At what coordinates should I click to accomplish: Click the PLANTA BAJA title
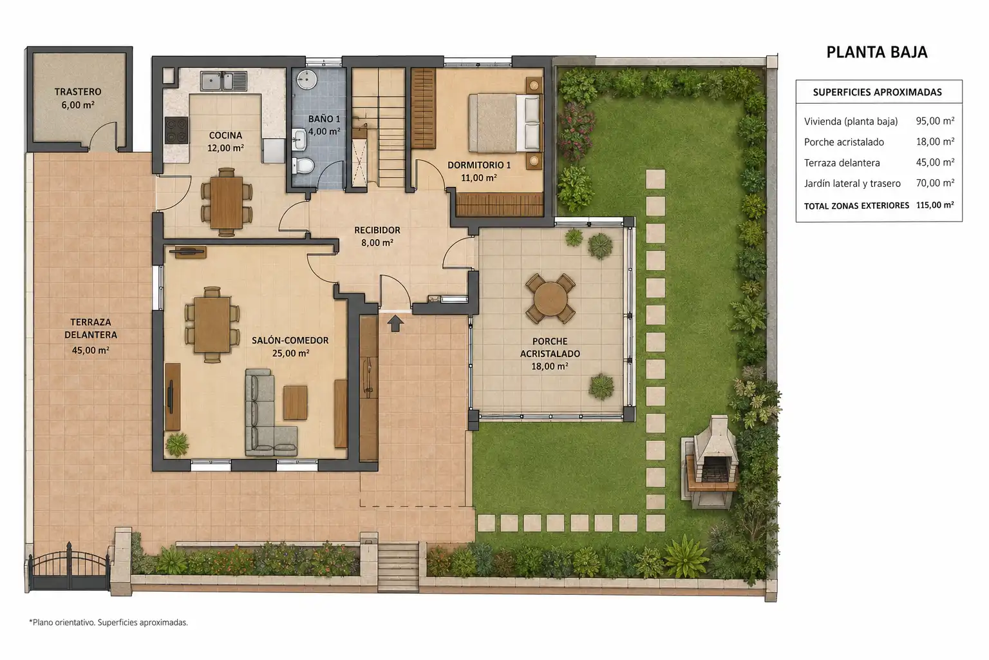pyautogui.click(x=876, y=52)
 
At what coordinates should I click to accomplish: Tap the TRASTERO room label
pyautogui.click(x=78, y=92)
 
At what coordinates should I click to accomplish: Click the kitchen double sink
pyautogui.click(x=224, y=81)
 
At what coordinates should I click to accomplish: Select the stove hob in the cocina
pyautogui.click(x=176, y=130)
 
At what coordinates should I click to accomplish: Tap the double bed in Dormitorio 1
pyautogui.click(x=504, y=123)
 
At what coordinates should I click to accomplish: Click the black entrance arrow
pyautogui.click(x=395, y=323)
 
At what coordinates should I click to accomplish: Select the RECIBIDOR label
pyautogui.click(x=377, y=230)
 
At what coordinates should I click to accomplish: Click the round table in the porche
pyautogui.click(x=550, y=299)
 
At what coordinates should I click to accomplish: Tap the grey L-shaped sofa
pyautogui.click(x=268, y=413)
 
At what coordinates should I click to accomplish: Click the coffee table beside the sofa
pyautogui.click(x=295, y=402)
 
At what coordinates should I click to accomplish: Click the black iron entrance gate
pyautogui.click(x=69, y=567)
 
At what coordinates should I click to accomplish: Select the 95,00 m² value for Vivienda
pyautogui.click(x=935, y=121)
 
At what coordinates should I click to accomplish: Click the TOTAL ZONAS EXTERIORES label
pyautogui.click(x=856, y=206)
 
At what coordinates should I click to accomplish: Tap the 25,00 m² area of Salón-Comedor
pyautogui.click(x=290, y=353)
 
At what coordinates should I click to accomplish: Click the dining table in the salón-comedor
pyautogui.click(x=212, y=324)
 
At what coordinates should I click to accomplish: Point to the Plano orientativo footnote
pyautogui.click(x=109, y=623)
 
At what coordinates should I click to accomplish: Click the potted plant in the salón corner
pyautogui.click(x=177, y=444)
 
